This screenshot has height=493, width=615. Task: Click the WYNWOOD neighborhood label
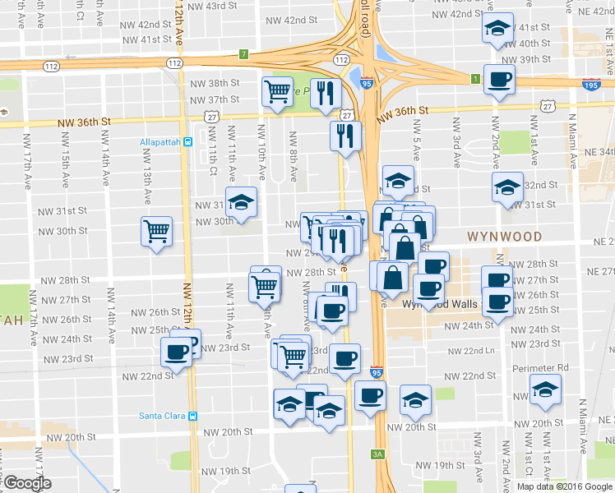click(x=504, y=237)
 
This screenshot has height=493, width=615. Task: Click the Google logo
click(x=26, y=483)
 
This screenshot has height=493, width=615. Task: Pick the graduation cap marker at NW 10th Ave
click(x=242, y=202)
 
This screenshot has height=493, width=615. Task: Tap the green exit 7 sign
click(x=243, y=54)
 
